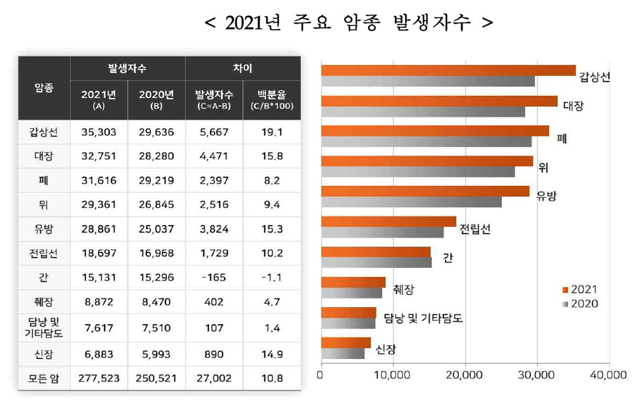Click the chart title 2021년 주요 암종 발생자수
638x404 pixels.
(x=349, y=23)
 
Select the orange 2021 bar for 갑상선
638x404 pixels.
(x=448, y=70)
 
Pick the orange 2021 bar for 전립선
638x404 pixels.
(x=388, y=221)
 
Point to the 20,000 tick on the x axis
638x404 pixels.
(x=465, y=374)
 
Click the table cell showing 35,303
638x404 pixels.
(x=99, y=132)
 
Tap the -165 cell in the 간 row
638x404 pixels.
(x=214, y=278)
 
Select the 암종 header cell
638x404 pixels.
(x=44, y=88)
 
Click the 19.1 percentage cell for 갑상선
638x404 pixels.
(x=272, y=132)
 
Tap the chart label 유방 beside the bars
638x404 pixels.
(x=546, y=196)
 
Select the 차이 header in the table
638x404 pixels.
(x=243, y=68)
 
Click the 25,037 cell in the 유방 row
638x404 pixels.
(x=156, y=229)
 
